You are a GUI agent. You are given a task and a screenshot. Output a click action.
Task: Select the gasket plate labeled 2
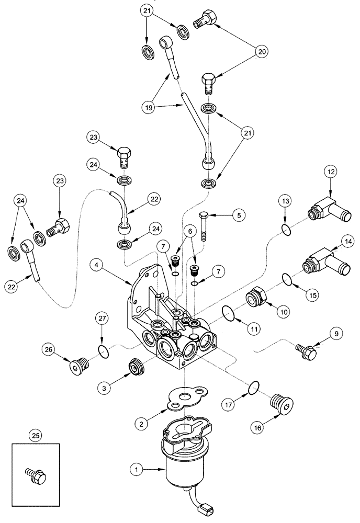tap(186, 401)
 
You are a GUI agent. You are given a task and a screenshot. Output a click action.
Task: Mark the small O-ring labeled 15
tap(286, 280)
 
